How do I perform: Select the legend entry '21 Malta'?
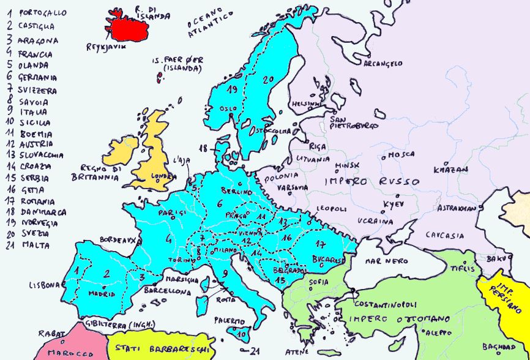tap(31, 246)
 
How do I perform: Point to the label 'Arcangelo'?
tap(383, 63)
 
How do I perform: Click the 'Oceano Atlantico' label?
tap(211, 21)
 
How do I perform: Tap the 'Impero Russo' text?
tap(371, 182)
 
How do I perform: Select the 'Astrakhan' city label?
tap(457, 208)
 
